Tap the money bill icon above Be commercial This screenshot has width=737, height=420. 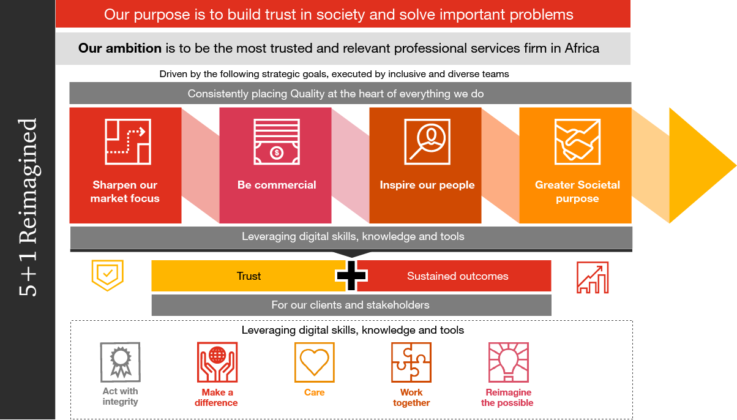[277, 141]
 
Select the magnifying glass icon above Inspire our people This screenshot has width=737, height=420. [427, 141]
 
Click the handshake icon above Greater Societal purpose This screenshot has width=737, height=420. [577, 141]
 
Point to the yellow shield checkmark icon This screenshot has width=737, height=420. [107, 275]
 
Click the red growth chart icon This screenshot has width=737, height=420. [593, 277]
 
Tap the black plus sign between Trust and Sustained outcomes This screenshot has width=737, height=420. [352, 276]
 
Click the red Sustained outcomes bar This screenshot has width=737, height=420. [458, 276]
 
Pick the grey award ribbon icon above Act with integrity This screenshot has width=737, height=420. [120, 362]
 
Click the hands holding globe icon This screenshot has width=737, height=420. [217, 362]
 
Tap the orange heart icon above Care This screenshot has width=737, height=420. [315, 362]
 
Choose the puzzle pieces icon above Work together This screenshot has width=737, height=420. [411, 362]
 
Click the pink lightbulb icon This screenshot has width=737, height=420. [508, 362]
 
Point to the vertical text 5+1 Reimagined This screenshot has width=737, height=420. [28, 208]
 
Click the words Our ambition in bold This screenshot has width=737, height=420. [120, 48]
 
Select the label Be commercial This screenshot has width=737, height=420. [277, 185]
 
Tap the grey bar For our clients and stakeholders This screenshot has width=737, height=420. [351, 305]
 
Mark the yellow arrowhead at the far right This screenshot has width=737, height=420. [701, 165]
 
